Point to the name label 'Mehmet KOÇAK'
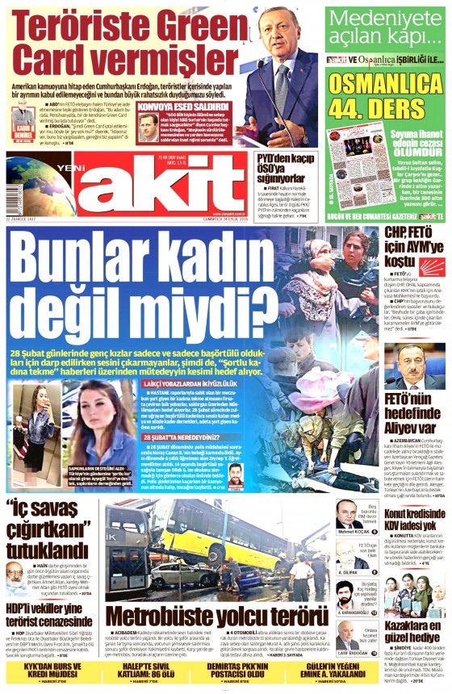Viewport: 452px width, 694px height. [x=352, y=533]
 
